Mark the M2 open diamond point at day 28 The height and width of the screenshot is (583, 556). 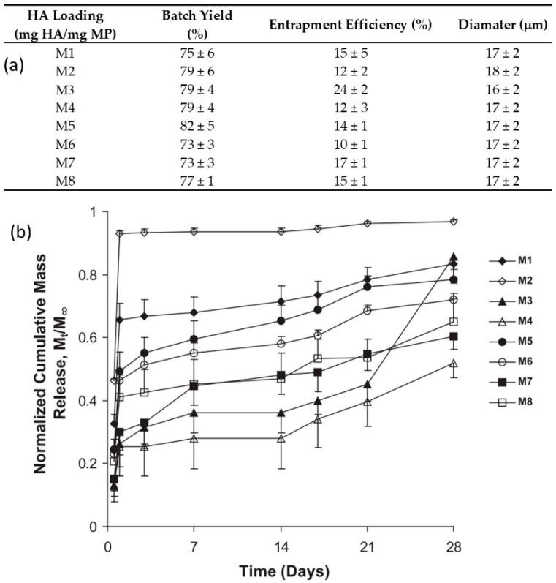454,221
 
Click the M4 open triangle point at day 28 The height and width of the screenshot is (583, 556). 454,363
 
